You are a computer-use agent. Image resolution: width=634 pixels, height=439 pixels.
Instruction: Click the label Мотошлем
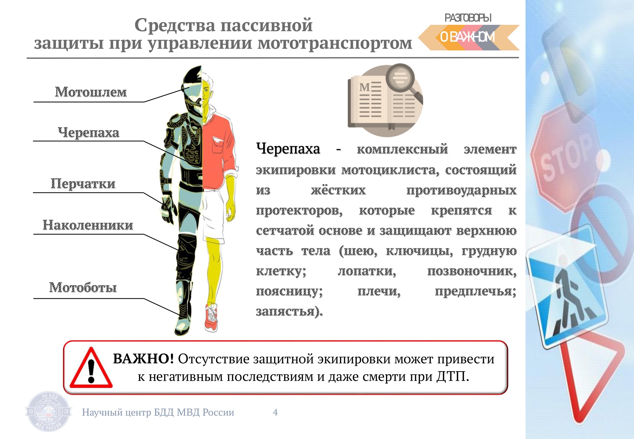tap(91, 92)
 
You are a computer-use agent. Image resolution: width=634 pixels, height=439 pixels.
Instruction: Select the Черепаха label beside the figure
tap(88, 133)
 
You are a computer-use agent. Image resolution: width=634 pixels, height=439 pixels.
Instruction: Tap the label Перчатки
tap(83, 184)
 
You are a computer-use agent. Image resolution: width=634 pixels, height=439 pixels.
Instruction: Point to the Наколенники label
tap(88, 225)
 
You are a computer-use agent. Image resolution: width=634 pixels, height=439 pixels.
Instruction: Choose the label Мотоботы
tap(83, 287)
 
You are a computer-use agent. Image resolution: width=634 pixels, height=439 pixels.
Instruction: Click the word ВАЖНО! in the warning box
tap(143, 359)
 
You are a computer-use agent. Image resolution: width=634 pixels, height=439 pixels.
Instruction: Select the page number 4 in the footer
tap(275, 412)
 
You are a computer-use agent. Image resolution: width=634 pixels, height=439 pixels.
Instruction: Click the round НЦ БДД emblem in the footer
tap(48, 412)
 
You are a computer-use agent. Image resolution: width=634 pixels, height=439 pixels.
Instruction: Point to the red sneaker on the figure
tap(211, 317)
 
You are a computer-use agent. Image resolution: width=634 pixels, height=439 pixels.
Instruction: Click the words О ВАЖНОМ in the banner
tap(467, 37)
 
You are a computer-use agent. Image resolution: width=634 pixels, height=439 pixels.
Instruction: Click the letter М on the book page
tap(365, 87)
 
